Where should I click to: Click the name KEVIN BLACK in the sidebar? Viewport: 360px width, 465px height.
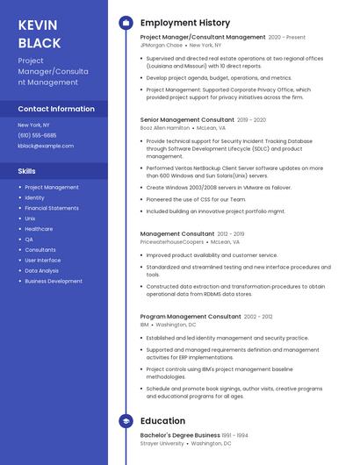tap(40, 33)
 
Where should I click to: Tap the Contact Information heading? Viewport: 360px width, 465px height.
tap(56, 109)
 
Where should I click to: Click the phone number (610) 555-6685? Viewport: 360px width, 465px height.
tap(37, 135)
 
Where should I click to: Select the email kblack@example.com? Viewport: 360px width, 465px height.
tap(46, 146)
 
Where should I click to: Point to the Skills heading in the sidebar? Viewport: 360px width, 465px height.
tap(27, 171)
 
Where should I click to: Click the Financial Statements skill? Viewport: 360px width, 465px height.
tap(52, 208)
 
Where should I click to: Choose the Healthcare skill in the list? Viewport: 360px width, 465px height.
tap(39, 229)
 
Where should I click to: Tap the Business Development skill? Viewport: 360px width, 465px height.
tap(54, 282)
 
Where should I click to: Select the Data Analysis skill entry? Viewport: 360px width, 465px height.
tap(42, 271)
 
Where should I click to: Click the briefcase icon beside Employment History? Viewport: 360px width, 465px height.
tap(126, 23)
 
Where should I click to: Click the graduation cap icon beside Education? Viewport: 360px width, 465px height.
tap(126, 421)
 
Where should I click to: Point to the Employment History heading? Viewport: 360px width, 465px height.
tap(184, 23)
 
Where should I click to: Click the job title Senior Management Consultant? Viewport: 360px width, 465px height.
tap(187, 119)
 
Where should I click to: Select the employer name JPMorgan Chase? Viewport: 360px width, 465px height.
tap(162, 45)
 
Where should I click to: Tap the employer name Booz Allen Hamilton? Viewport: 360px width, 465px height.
tap(164, 127)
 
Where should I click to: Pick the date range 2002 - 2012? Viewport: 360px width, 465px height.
tap(258, 316)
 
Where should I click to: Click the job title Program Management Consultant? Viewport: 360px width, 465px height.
tap(190, 316)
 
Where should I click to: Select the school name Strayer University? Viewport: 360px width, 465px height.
tap(162, 443)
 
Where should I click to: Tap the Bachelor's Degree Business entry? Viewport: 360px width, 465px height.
tap(180, 435)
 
